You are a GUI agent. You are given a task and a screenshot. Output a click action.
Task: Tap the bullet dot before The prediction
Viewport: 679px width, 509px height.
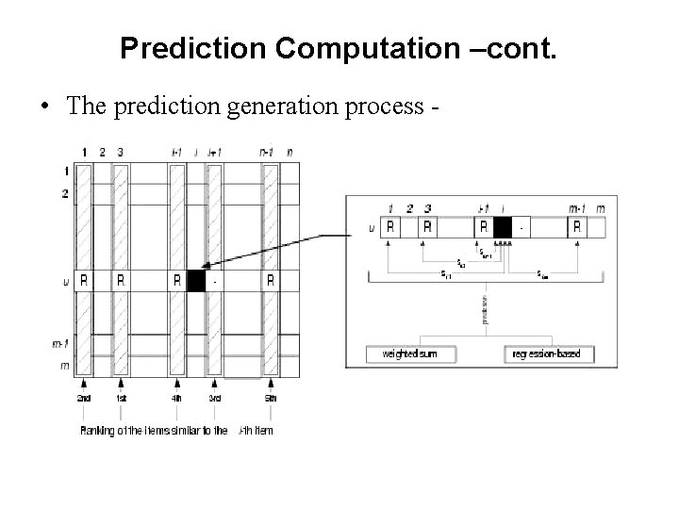[45, 105]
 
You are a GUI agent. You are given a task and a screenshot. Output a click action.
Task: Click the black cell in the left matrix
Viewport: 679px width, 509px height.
[196, 280]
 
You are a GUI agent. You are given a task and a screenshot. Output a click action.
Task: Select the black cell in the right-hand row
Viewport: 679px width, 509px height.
[502, 226]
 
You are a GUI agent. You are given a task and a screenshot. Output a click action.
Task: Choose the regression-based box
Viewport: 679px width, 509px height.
[547, 354]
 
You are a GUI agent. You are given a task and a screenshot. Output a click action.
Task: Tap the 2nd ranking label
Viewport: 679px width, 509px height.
[84, 398]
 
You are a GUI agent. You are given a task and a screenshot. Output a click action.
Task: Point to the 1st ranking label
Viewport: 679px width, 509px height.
[121, 398]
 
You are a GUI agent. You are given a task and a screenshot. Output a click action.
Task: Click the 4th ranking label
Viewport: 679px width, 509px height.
[177, 398]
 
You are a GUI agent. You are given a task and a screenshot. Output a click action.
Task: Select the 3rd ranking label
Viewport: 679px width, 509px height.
[214, 398]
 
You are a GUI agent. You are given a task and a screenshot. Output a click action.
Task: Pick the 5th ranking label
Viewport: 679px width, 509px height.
[271, 398]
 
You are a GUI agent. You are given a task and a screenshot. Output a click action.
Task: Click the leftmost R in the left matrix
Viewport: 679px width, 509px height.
[84, 280]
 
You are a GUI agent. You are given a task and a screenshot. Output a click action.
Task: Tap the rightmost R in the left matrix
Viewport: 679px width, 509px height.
[271, 280]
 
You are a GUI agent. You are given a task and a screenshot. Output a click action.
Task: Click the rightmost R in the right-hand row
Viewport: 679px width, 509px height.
[576, 226]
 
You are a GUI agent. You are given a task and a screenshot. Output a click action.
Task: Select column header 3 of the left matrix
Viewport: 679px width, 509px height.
[121, 151]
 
